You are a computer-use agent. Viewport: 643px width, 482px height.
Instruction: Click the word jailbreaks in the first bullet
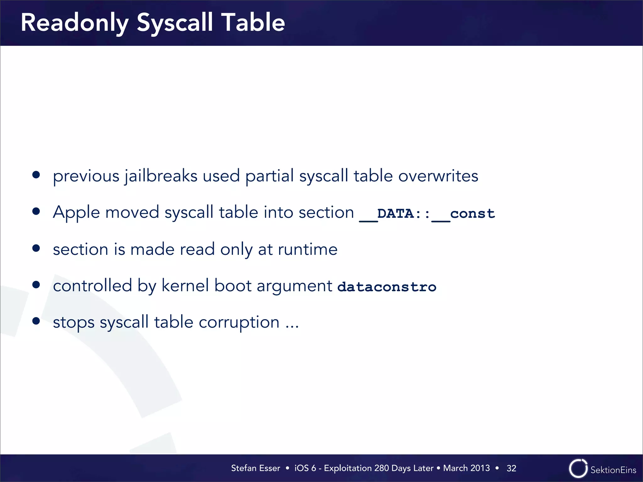pos(161,176)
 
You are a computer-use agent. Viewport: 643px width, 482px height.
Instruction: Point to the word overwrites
pos(438,176)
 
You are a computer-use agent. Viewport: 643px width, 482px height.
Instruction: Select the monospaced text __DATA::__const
pos(427,214)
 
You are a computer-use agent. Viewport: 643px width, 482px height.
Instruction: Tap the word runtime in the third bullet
pos(307,249)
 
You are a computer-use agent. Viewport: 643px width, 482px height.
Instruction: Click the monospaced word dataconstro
pos(386,287)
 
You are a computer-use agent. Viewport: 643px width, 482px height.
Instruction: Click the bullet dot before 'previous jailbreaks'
pos(36,175)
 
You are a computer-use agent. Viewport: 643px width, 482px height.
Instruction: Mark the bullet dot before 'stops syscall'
pos(36,321)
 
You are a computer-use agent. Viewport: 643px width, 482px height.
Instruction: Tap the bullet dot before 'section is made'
pos(36,248)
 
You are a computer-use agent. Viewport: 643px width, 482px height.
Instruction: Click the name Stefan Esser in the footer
pos(255,468)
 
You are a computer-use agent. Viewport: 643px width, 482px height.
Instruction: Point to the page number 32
pos(511,469)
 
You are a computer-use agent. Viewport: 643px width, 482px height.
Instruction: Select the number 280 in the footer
pos(381,468)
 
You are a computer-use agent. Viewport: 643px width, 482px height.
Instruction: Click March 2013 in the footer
pos(466,468)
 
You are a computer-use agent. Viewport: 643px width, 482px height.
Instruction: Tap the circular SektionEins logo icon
pos(578,469)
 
